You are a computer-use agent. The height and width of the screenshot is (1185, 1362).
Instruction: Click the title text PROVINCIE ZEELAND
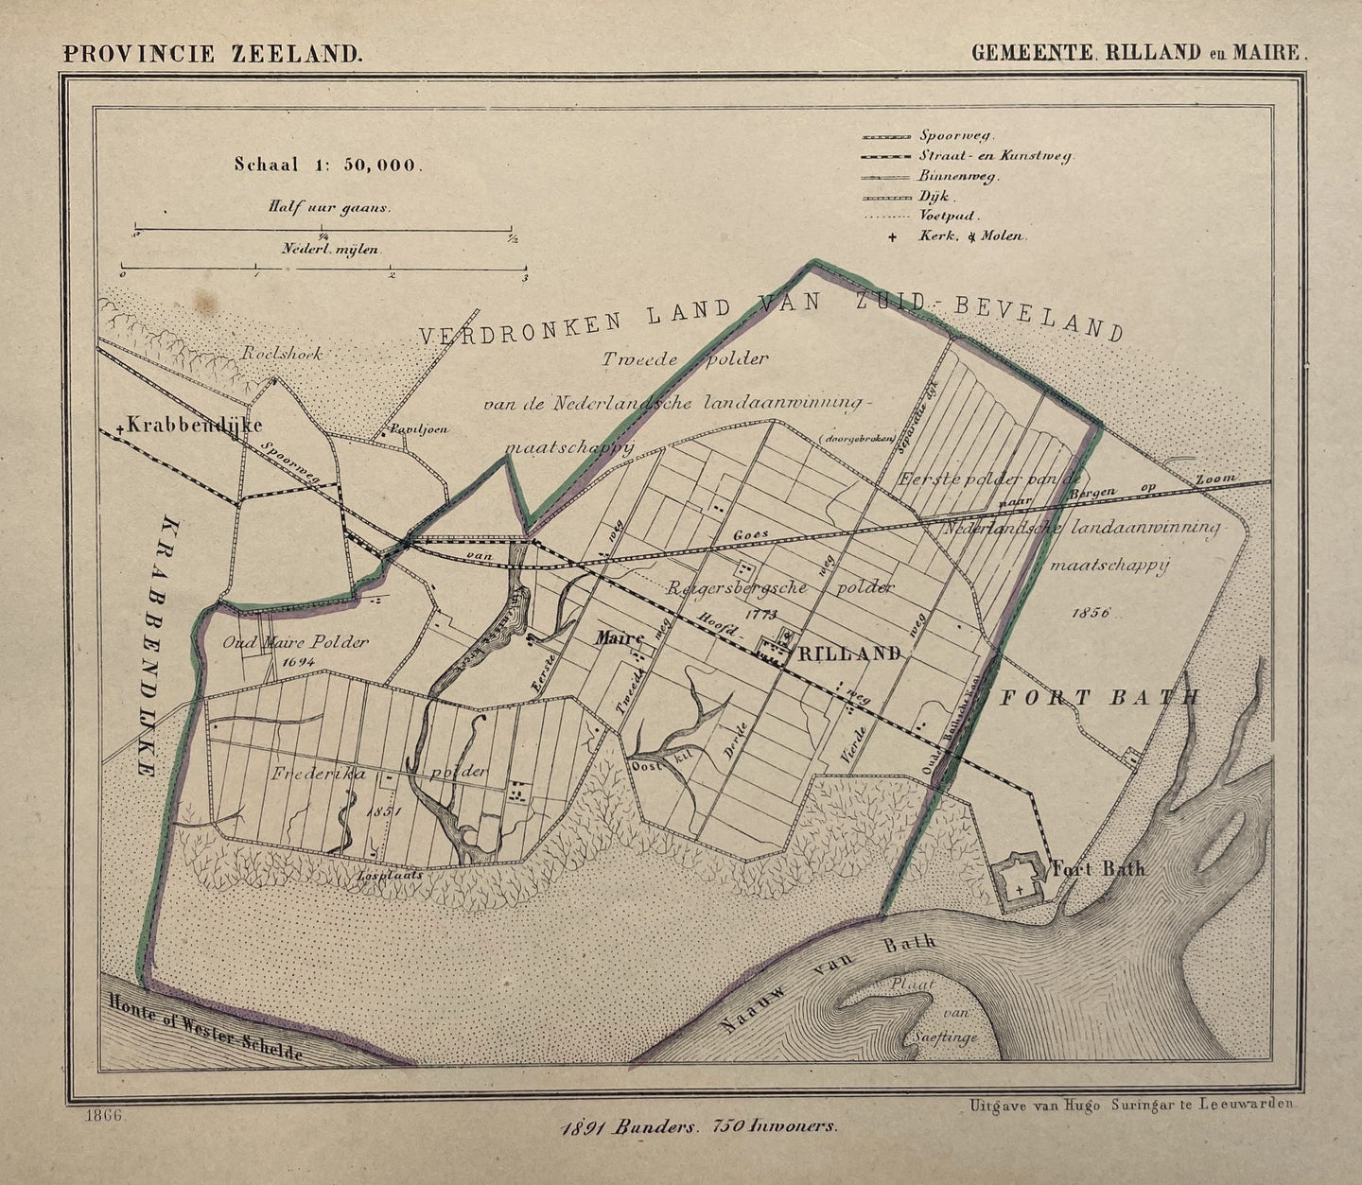212,53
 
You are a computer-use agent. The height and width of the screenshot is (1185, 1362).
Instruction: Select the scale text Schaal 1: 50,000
325,164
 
